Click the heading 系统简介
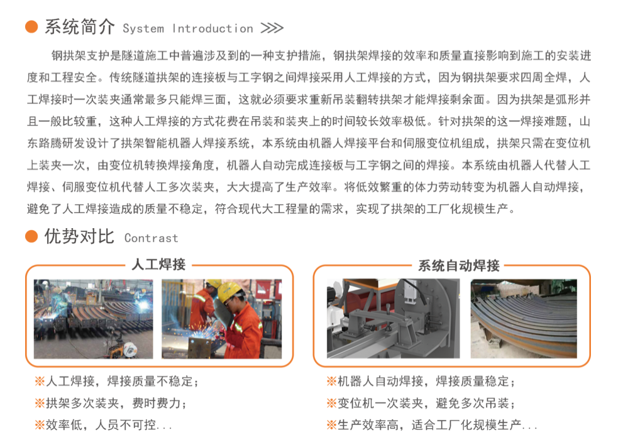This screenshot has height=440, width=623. coord(79,27)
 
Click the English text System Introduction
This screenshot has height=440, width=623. coord(187,28)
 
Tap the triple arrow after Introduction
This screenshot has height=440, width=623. coord(272,28)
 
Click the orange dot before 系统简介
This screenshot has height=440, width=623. coord(31,27)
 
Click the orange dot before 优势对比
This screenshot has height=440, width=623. coord(31,236)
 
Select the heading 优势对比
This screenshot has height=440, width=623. coord(79,236)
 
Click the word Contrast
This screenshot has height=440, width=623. coord(152,238)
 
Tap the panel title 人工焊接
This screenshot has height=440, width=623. coord(159,265)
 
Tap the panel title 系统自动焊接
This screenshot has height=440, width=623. coord(459,265)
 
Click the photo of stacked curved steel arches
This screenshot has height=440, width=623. coord(524,319)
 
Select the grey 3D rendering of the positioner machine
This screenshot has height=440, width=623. coord(394,319)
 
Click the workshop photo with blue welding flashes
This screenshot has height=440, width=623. coord(94,319)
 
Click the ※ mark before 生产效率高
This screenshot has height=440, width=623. coord(332,425)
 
